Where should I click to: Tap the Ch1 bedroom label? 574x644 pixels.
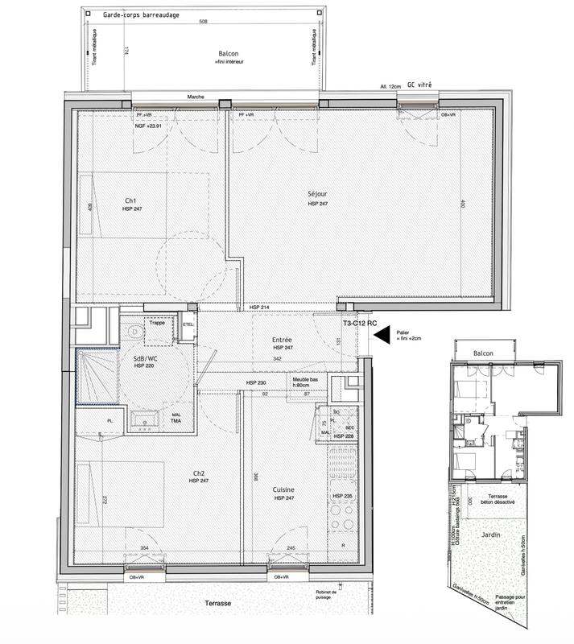[130, 200]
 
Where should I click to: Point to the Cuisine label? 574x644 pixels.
[283, 489]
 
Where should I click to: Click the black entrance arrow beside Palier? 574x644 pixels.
[381, 332]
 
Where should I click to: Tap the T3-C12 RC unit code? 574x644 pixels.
[360, 323]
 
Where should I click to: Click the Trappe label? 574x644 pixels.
[158, 323]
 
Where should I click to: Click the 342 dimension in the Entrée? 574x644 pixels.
[277, 358]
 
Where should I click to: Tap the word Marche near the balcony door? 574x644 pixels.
[195, 97]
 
